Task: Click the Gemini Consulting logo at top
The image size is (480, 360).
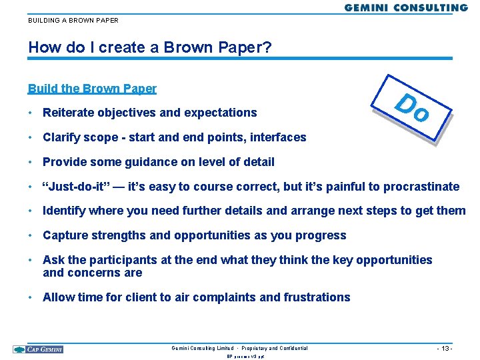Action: [x=406, y=7]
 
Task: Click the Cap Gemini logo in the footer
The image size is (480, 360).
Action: [x=38, y=349]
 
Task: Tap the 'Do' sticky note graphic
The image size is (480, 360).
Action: [x=411, y=109]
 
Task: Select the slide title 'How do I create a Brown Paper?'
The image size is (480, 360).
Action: [x=150, y=48]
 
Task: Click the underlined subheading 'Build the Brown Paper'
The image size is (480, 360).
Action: [x=92, y=89]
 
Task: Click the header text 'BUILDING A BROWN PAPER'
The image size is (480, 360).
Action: [x=73, y=21]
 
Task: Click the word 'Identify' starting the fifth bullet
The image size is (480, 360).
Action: [x=64, y=211]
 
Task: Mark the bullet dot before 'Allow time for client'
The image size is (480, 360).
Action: [x=32, y=297]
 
